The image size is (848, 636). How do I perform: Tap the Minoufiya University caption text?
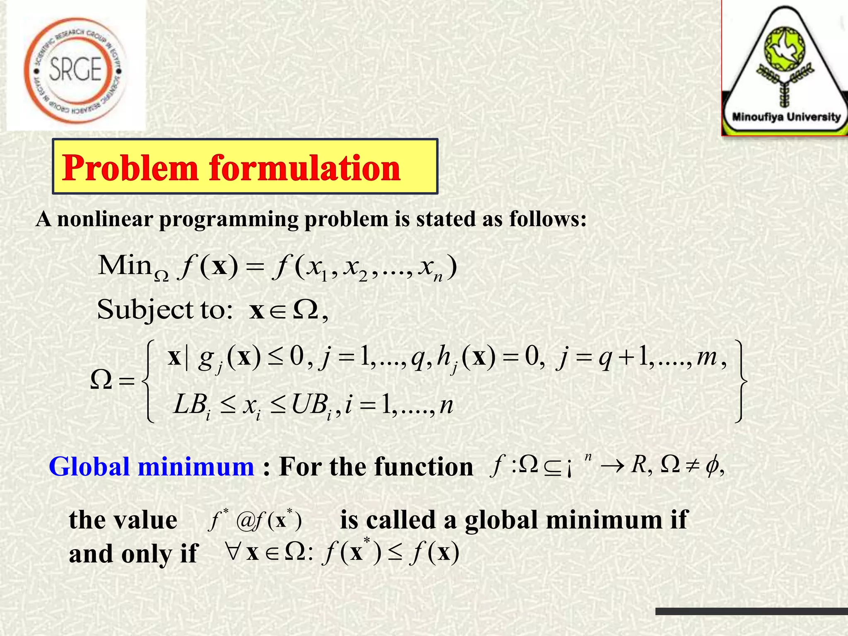(x=786, y=117)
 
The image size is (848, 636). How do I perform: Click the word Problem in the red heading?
(x=130, y=168)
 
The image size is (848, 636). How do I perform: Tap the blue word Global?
(x=89, y=467)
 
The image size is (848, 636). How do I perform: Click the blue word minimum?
(x=196, y=467)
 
